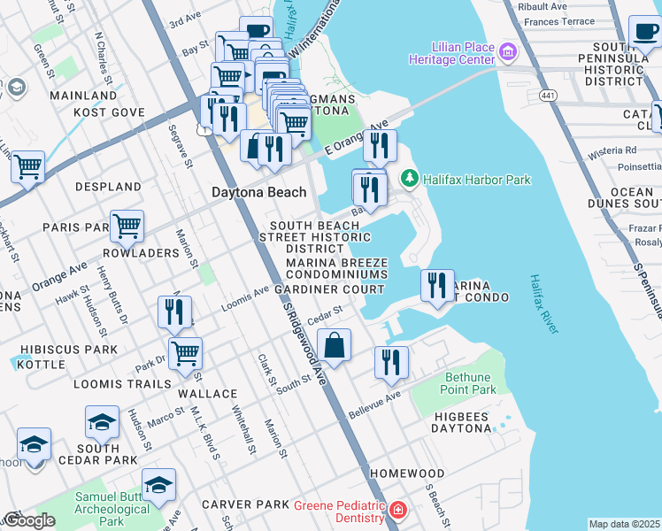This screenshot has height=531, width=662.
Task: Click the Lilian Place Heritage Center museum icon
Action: (508, 52)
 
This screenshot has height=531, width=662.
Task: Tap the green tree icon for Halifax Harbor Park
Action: (409, 180)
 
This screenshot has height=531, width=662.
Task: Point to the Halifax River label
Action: (543, 304)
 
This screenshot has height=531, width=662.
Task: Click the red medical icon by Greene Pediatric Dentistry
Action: (398, 511)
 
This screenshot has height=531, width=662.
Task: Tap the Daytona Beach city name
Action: (258, 192)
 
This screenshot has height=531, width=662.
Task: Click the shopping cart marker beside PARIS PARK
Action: (127, 226)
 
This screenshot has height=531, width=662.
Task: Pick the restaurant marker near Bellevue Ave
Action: (390, 362)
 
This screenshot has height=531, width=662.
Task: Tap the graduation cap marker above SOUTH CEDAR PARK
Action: (102, 422)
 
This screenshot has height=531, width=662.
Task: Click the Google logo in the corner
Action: (28, 520)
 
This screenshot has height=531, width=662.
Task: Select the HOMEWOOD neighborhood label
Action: (406, 473)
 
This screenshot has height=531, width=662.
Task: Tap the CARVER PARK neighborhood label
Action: (245, 504)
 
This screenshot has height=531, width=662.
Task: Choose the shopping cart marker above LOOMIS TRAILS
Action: (186, 353)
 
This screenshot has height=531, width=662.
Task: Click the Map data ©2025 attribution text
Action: (624, 524)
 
